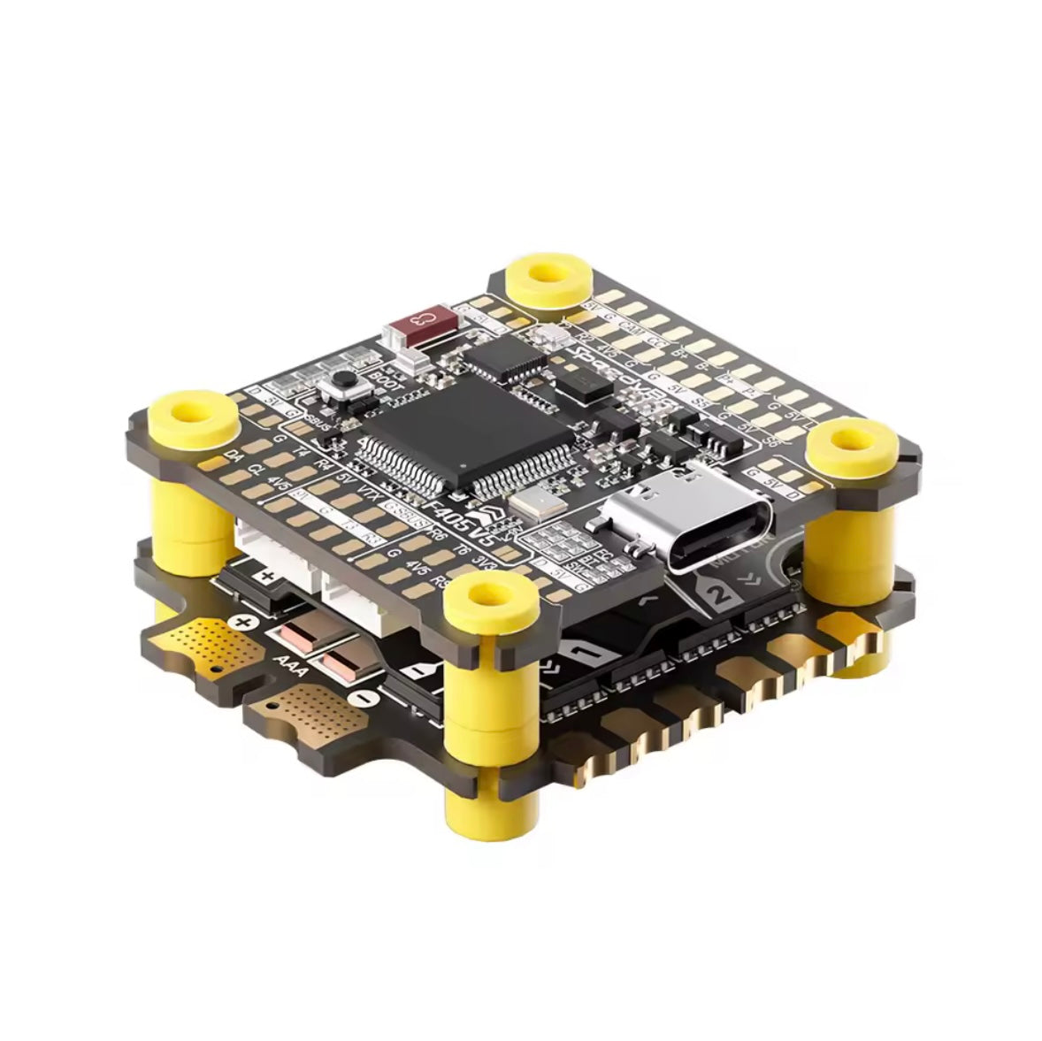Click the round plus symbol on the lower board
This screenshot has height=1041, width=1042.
(244, 622)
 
